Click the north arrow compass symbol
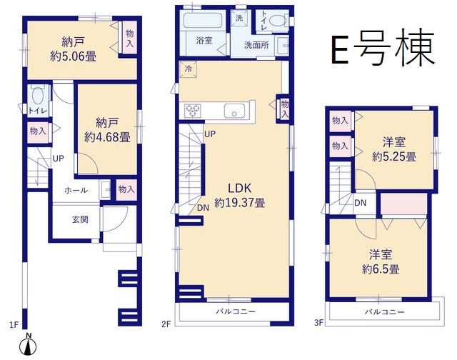pos(28,346)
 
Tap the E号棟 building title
pos(383,48)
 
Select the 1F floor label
pos(14,324)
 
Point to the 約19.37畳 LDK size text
pos(240,202)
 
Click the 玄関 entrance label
pos(80,219)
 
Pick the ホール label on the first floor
pos(76,190)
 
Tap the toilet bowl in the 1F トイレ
pos(38,95)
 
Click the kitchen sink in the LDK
pos(235,111)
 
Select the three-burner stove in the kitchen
pos(193,111)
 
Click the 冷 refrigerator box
pos(188,69)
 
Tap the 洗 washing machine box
pos(239,18)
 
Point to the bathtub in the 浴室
pos(204,21)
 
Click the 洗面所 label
pos(256,45)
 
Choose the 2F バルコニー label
pos(236,311)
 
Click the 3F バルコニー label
pos(385,312)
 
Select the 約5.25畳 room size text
pos(393,157)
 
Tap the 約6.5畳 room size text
pos(381,269)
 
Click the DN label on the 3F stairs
pos(360,203)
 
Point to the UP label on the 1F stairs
pos(59,159)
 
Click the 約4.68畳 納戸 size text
pos(107,137)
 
